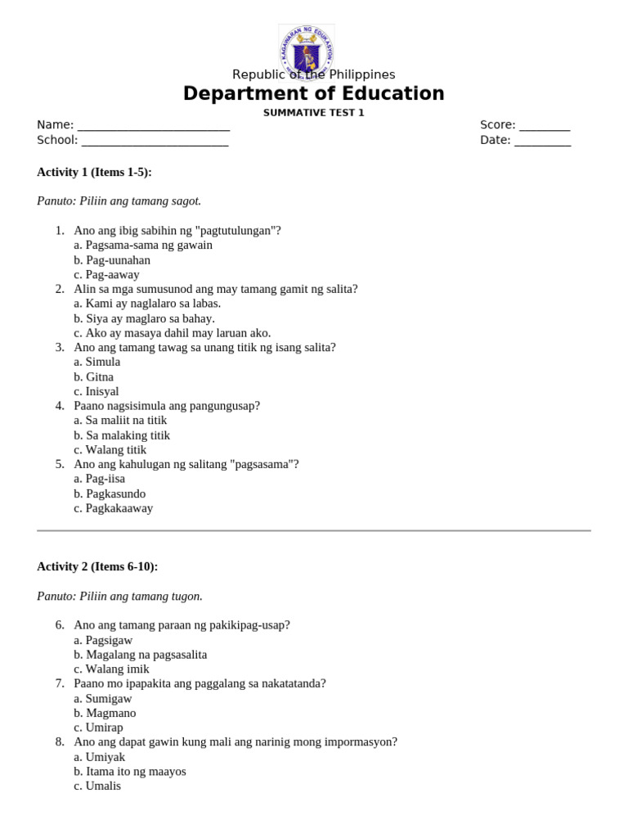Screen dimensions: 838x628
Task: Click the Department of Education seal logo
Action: [x=307, y=51]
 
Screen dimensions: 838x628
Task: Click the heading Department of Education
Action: [x=313, y=94]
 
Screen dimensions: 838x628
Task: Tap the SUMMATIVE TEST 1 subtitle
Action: [x=313, y=113]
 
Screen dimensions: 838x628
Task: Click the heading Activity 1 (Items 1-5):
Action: [x=94, y=172]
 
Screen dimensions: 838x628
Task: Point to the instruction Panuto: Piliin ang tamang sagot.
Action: [x=119, y=201]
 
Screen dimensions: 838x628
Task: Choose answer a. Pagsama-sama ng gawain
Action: [x=143, y=245]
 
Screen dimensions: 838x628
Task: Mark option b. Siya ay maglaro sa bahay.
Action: [x=144, y=318]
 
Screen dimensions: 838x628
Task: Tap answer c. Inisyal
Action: [x=96, y=391]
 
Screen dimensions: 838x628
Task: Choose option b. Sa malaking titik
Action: [x=122, y=435]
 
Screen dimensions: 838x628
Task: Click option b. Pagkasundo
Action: [x=110, y=493]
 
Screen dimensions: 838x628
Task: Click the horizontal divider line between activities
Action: [x=313, y=530]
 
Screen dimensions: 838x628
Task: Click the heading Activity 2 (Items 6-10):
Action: [x=97, y=566]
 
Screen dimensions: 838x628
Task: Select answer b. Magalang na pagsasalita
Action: [x=140, y=655]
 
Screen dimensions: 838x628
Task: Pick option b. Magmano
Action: [x=105, y=713]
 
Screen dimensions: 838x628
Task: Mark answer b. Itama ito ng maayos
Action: [x=130, y=771]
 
